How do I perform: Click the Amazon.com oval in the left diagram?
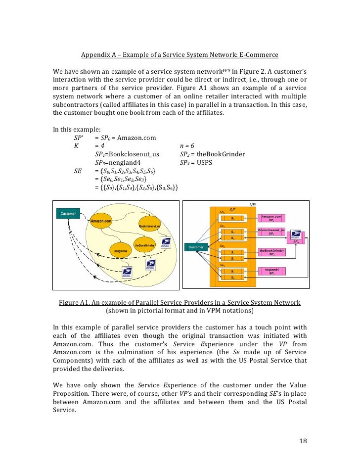coord(100,221)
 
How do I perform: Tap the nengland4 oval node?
coord(121,251)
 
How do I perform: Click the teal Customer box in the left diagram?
coord(68,214)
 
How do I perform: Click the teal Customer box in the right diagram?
coord(196,246)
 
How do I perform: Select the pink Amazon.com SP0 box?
coord(271,218)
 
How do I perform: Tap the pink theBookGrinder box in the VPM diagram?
coord(272,252)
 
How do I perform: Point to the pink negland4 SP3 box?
coord(271,272)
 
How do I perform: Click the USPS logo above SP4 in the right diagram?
coord(296,235)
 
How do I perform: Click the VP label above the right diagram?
coord(253,204)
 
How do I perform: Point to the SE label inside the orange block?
coord(232,210)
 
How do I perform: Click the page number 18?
coord(303,441)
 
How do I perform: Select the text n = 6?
coord(186,146)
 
